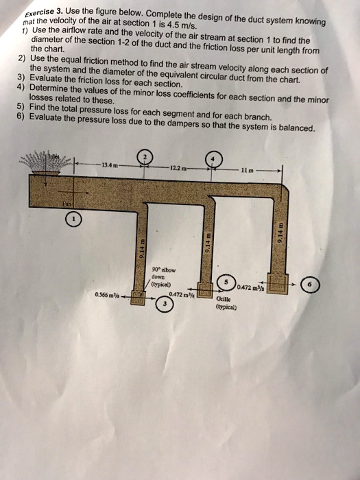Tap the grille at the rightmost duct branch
point(280,283)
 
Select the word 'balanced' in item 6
point(293,128)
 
